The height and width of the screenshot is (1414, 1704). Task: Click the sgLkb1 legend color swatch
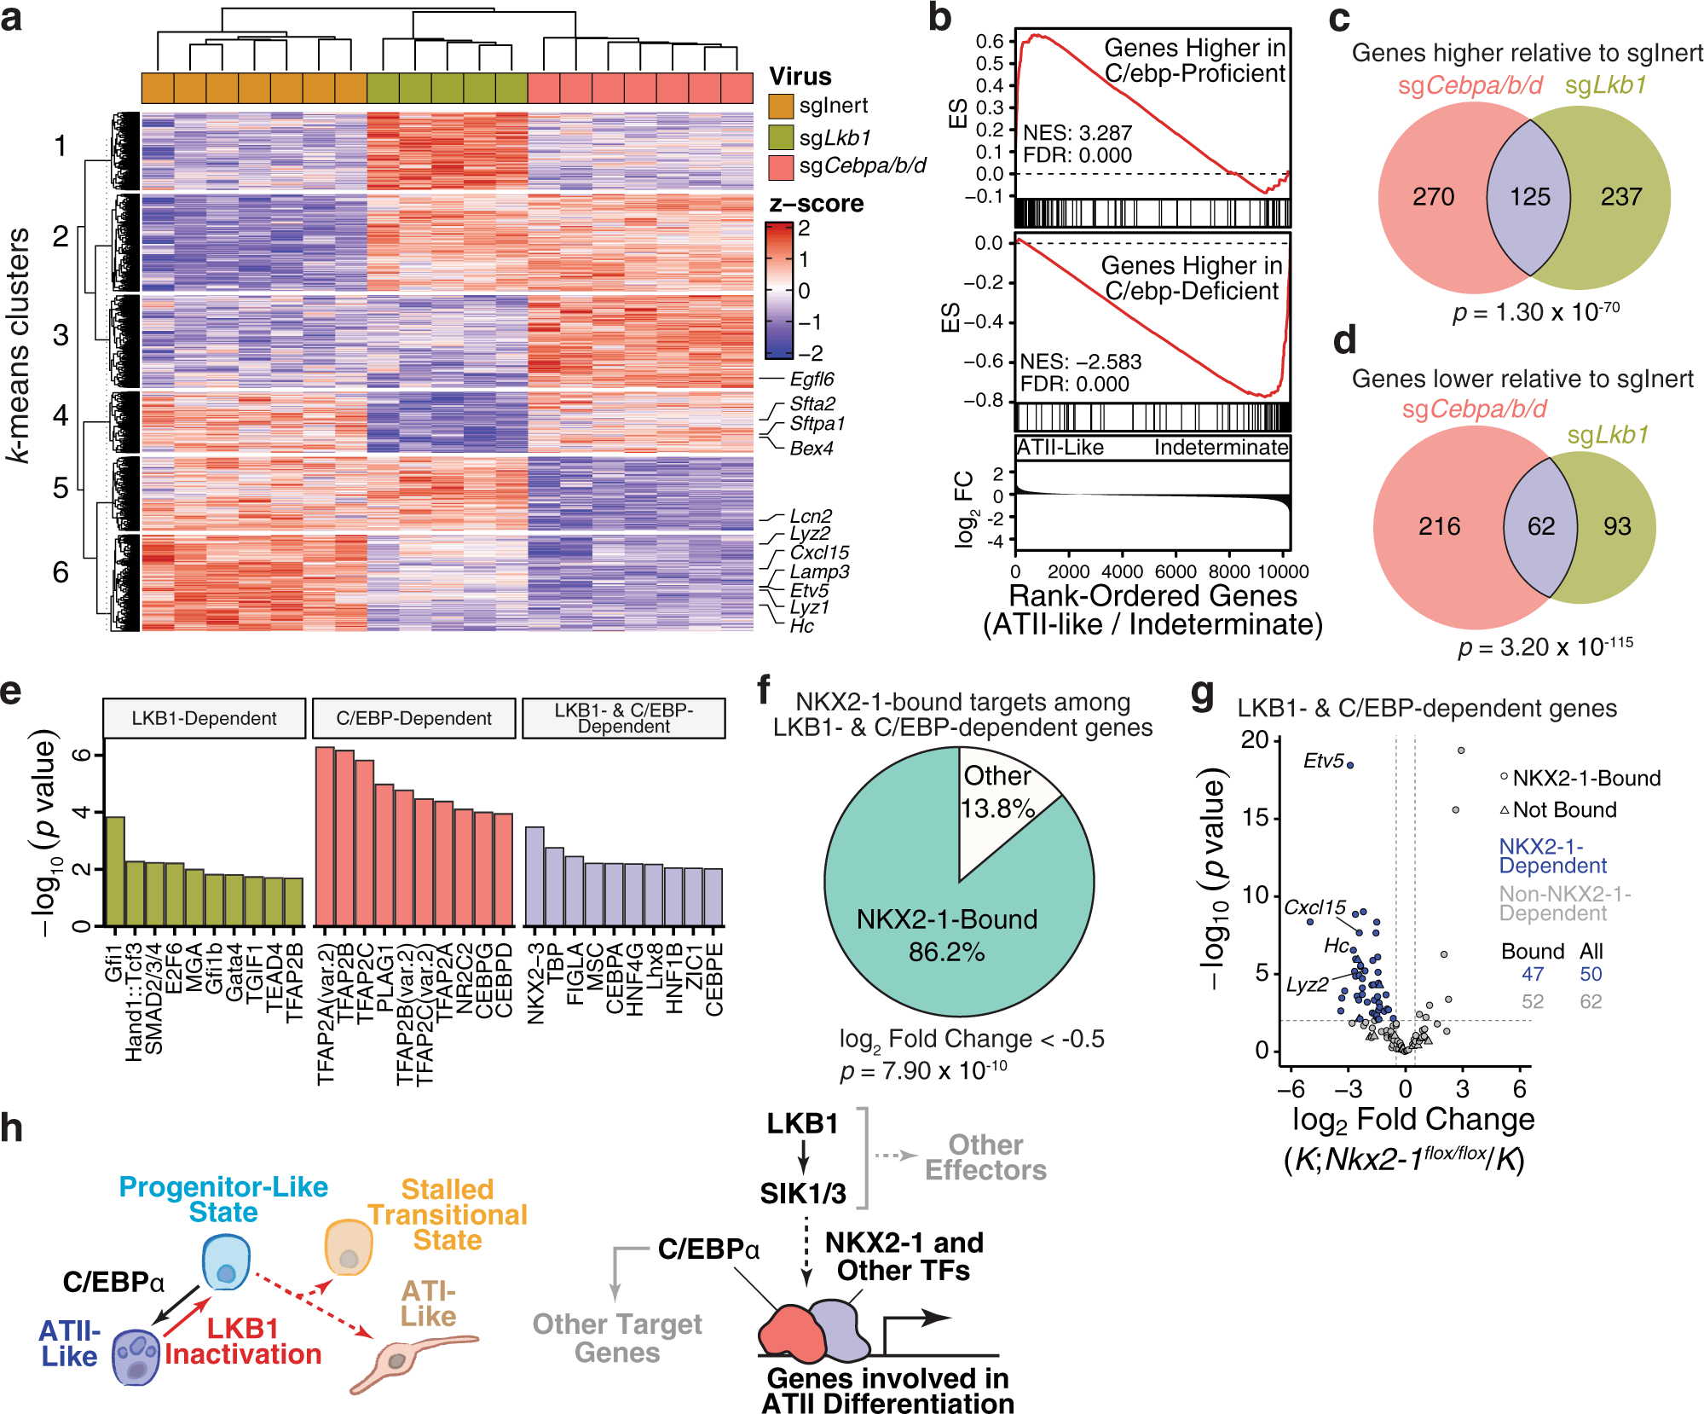pos(781,137)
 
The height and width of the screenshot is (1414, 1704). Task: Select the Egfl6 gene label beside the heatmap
pos(812,379)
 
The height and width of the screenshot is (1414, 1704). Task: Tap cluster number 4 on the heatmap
pos(61,415)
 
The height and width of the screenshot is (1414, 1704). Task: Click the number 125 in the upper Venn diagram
pos(1529,197)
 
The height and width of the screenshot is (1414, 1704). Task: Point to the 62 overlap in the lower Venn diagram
pos(1540,526)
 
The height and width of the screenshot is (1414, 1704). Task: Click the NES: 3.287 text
pos(1077,133)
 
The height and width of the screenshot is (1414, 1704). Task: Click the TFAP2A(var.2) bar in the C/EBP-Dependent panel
pos(325,837)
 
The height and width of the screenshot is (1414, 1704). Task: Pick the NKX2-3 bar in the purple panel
pos(534,877)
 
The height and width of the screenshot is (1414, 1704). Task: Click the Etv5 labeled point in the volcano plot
pos(1350,765)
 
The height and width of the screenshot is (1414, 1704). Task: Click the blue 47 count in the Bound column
pos(1532,974)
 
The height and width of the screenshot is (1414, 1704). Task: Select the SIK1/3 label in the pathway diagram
pos(803,1193)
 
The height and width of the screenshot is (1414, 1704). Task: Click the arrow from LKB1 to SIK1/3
pos(803,1158)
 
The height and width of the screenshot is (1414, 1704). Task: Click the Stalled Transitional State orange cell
pos(349,1248)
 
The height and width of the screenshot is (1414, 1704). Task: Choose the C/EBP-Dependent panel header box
pos(413,718)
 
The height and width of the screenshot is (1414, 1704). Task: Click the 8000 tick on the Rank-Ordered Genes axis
pos(1229,571)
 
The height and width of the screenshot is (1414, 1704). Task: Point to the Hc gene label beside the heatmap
pos(801,626)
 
